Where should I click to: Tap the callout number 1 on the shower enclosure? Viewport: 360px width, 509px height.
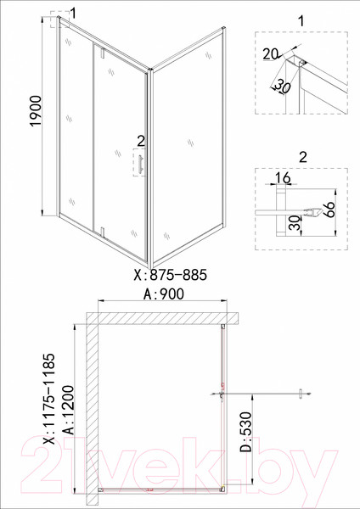pyautogui.click(x=74, y=12)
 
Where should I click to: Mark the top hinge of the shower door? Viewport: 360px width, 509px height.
pyautogui.click(x=101, y=54)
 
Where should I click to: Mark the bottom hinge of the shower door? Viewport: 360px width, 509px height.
pyautogui.click(x=101, y=230)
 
